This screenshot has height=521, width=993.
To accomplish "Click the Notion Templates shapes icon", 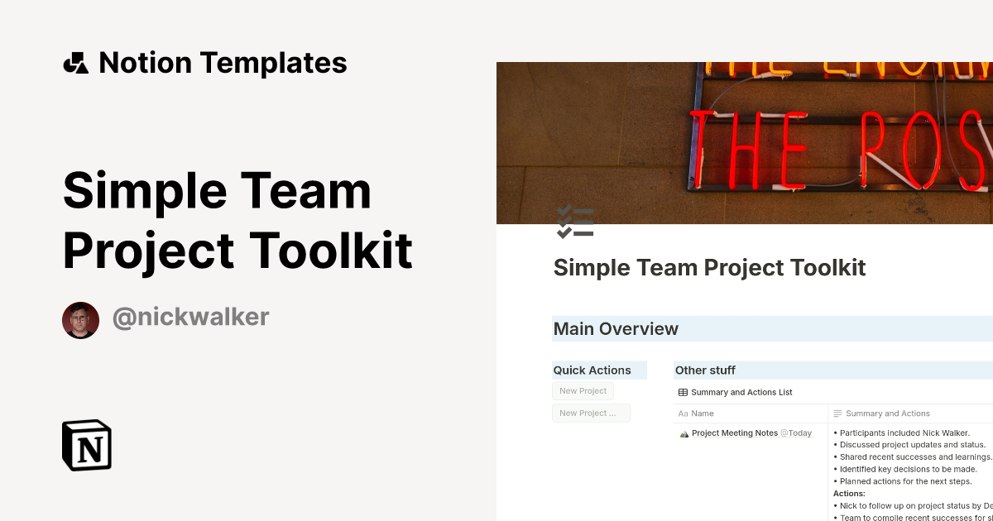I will click(x=75, y=63).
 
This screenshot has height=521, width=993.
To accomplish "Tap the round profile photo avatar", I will click(x=80, y=320).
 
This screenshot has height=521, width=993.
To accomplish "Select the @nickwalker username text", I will click(x=190, y=317).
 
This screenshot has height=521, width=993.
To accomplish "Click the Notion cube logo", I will click(x=87, y=445).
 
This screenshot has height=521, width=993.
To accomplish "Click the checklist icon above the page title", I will click(x=575, y=222).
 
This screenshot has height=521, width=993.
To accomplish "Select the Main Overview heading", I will click(x=616, y=329).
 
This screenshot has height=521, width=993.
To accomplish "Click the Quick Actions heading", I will click(x=592, y=370).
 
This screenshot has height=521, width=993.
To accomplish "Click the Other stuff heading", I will click(x=705, y=370).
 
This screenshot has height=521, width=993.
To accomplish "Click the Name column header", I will click(x=702, y=413).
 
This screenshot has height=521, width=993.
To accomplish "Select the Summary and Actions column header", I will click(x=887, y=413).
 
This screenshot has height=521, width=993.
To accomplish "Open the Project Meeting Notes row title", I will click(x=734, y=433).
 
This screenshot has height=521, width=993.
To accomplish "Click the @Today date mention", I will click(x=796, y=433).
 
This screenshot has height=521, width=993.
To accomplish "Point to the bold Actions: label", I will click(x=849, y=494).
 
